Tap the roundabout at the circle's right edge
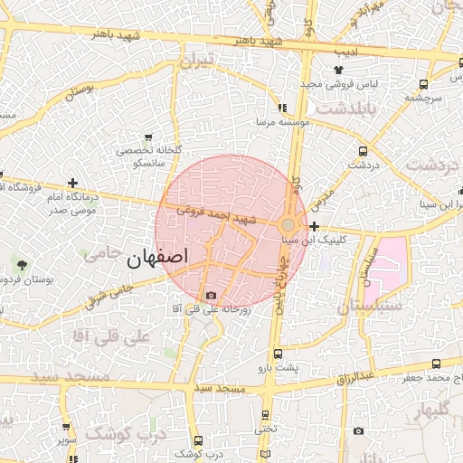pyautogui.click(x=288, y=224)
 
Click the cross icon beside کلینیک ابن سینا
pyautogui.click(x=314, y=226)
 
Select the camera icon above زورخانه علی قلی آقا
pyautogui.click(x=211, y=295)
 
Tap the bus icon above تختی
pyautogui.click(x=264, y=415)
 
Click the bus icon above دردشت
pyautogui.click(x=363, y=151)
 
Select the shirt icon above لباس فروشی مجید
pyautogui.click(x=338, y=69)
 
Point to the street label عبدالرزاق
pyautogui.click(x=355, y=374)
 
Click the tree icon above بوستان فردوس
pyautogui.click(x=21, y=264)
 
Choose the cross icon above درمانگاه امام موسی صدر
pyautogui.click(x=72, y=183)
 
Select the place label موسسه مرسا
pyautogui.click(x=283, y=119)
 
